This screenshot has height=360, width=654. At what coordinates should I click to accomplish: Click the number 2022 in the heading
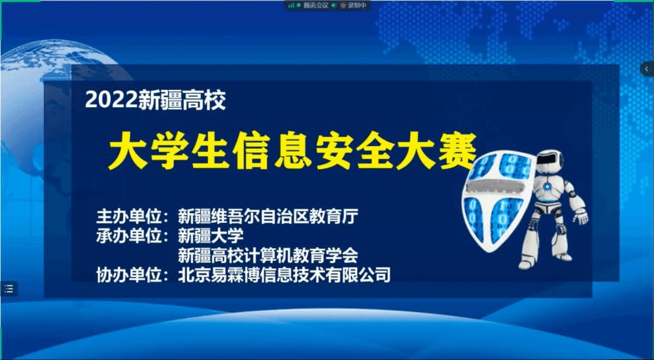111,100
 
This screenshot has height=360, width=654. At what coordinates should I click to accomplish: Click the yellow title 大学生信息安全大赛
293,152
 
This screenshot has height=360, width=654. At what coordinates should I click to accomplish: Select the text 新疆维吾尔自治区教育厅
268,216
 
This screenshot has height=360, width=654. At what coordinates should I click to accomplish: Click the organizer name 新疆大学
211,236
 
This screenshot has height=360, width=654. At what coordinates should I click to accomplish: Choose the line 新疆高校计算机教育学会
268,255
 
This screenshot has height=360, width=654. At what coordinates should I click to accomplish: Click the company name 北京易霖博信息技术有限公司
284,275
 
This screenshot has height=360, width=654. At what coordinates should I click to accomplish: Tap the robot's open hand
580,216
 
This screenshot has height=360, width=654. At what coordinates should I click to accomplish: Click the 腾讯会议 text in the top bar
316,5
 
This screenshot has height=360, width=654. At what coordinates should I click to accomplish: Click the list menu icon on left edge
9,289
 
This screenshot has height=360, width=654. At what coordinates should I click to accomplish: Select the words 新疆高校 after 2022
182,100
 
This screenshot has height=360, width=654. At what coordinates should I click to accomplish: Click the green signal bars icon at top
291,5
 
